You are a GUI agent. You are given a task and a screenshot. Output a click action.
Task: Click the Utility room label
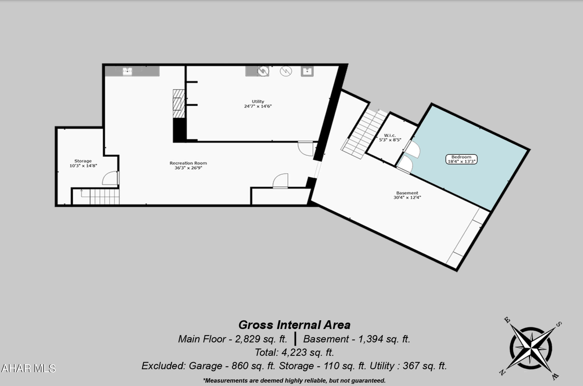[258, 104]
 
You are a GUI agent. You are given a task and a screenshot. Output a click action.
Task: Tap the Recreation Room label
[188, 165]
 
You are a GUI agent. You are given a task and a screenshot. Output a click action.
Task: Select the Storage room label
[83, 163]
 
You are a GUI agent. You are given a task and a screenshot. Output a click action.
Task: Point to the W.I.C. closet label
[390, 138]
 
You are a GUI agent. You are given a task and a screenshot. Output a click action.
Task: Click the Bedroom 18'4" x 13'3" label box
[461, 159]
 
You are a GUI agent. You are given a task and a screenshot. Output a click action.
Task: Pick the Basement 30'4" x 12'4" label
[407, 195]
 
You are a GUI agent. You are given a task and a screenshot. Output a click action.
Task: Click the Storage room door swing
[111, 178]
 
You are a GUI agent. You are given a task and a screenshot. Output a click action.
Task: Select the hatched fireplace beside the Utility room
[179, 104]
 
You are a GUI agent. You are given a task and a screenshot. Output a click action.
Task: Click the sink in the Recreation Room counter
[127, 71]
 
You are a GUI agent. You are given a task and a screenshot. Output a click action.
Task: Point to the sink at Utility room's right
[307, 71]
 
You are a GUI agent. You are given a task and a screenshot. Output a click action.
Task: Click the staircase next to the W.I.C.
[364, 134]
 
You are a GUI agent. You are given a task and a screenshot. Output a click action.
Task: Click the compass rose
[531, 348]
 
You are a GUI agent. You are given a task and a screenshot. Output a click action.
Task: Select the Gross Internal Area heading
[294, 325]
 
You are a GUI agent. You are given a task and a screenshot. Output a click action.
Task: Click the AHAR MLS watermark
[28, 368]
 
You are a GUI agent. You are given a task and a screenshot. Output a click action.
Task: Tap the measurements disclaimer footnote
[294, 380]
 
